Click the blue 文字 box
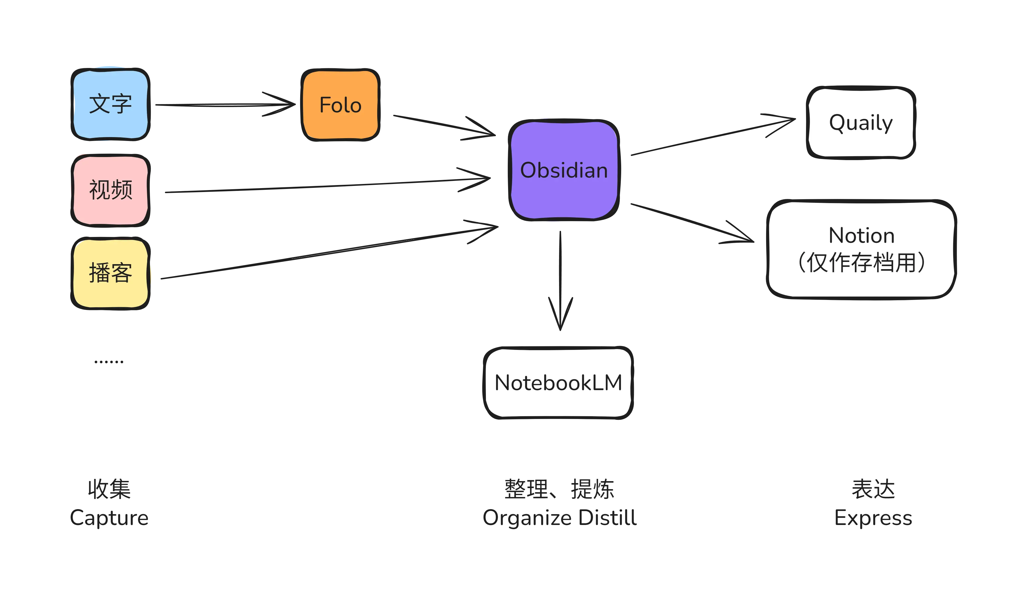110,104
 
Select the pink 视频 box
110,190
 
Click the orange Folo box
340,105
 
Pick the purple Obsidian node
564,170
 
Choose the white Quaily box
861,123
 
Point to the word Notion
861,236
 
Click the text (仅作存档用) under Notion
861,263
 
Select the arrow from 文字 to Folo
224,105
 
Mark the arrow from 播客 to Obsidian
325,252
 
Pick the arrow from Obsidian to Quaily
712,138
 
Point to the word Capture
109,518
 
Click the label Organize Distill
560,518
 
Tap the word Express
873,518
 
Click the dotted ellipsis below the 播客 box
109,362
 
